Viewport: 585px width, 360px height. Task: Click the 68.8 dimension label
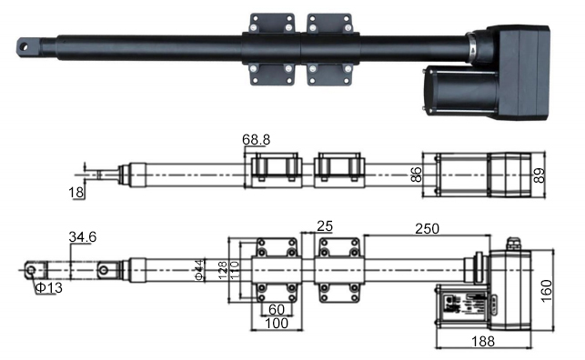(256, 140)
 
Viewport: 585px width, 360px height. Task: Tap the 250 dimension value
(428, 228)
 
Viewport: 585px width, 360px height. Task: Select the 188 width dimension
(483, 342)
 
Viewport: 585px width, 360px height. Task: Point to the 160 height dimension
(546, 291)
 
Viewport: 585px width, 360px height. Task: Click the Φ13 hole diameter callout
(49, 287)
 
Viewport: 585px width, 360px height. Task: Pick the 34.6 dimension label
(83, 236)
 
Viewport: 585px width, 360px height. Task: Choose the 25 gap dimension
(325, 225)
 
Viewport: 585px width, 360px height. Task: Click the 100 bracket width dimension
(277, 323)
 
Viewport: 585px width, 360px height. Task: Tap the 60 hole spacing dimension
(277, 309)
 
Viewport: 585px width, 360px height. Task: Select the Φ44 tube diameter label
(199, 270)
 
